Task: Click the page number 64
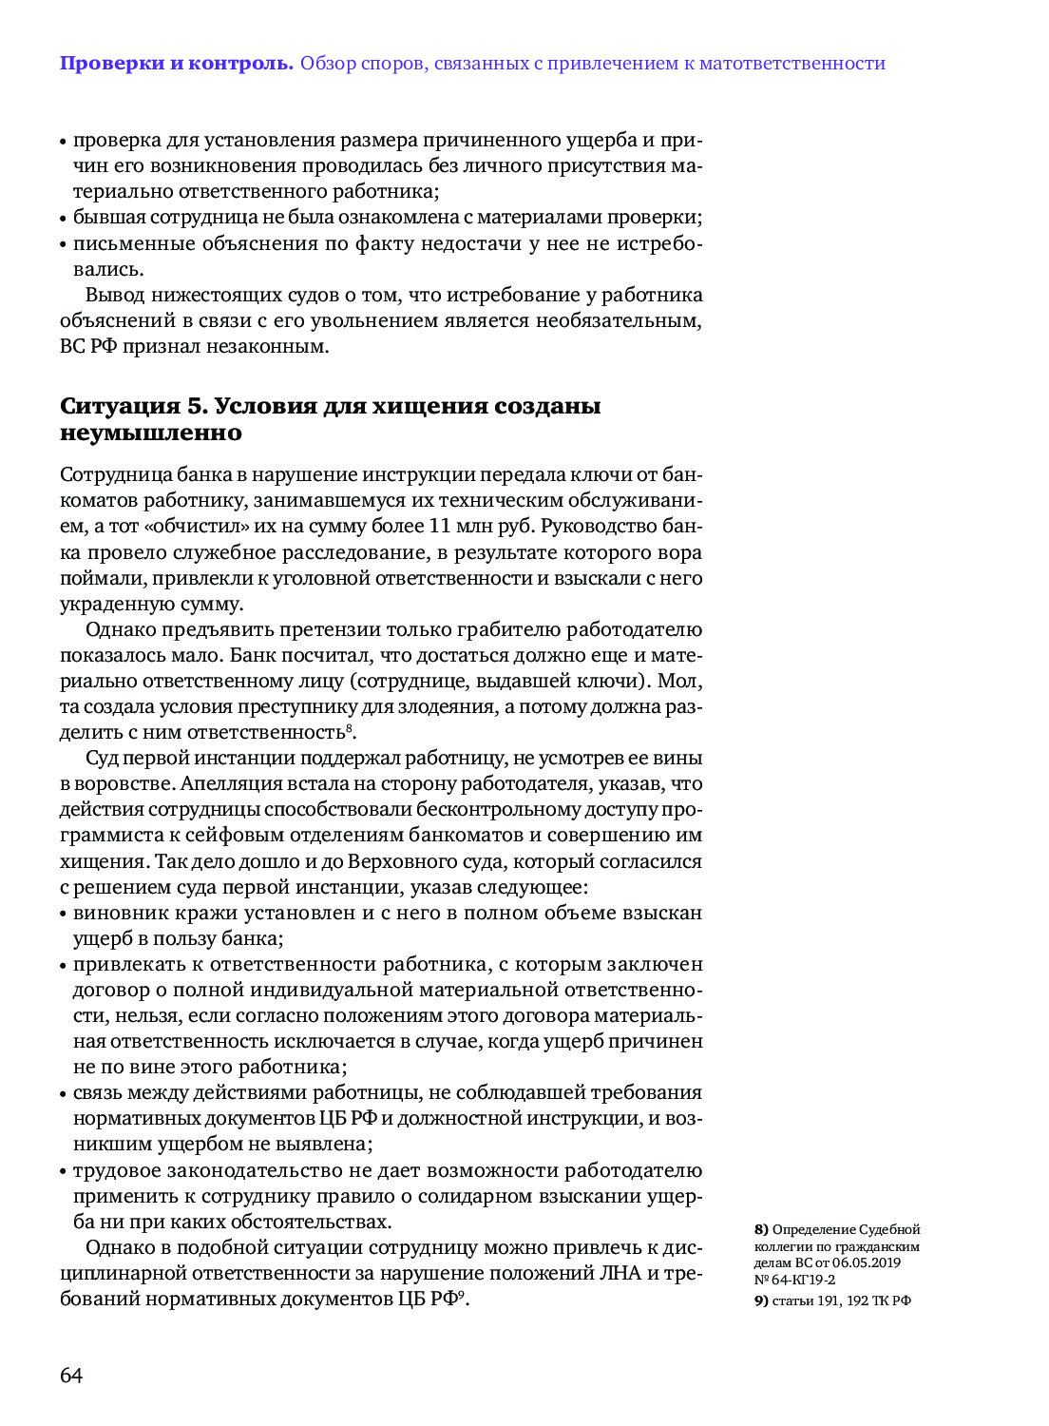tap(71, 1376)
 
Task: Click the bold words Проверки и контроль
tap(176, 64)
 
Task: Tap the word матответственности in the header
tap(792, 64)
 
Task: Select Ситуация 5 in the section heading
tap(133, 406)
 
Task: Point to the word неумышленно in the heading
tap(151, 433)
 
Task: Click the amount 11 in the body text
tap(439, 526)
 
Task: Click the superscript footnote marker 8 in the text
tap(350, 728)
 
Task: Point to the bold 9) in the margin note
tap(761, 1301)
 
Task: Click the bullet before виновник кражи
tap(64, 914)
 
